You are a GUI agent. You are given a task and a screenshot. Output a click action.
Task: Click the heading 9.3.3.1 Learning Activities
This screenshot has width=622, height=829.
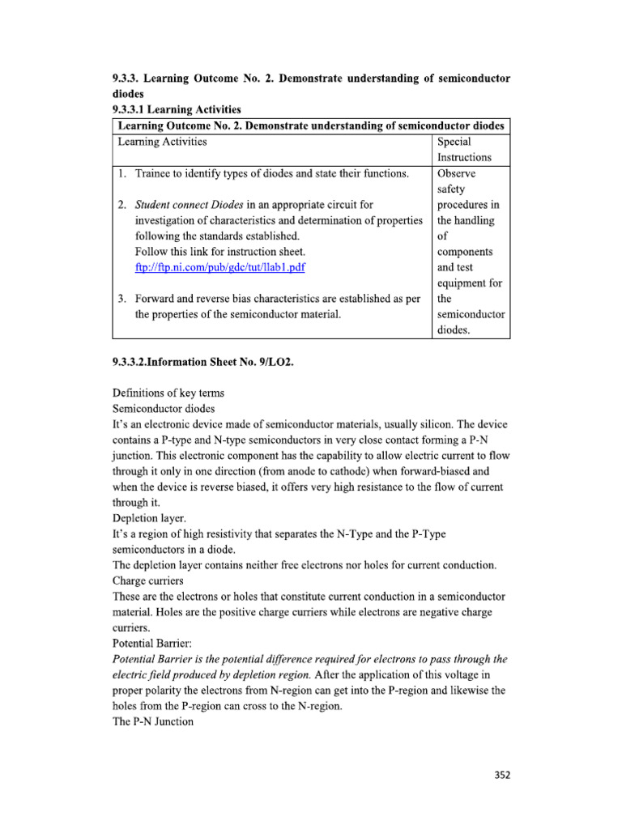(x=176, y=109)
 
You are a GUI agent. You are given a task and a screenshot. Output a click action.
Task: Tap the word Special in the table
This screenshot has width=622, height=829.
(x=454, y=142)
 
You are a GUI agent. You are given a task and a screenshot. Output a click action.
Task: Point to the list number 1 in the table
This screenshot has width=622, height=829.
(x=121, y=173)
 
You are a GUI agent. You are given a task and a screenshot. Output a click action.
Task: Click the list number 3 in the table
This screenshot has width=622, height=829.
(x=121, y=298)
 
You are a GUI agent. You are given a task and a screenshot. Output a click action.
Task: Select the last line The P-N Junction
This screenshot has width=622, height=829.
(x=153, y=721)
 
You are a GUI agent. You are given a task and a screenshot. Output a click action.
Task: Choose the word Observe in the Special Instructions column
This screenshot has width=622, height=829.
(x=456, y=173)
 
